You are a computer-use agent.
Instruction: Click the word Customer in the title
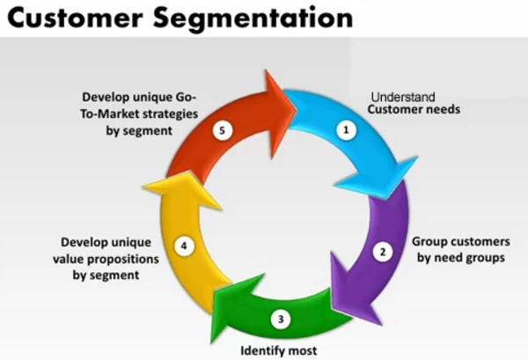75,18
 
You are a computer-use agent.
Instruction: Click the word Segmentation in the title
253,18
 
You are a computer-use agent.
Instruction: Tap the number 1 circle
346,129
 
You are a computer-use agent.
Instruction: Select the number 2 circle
383,252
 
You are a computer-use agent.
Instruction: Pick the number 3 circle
281,320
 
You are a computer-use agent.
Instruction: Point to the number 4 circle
184,246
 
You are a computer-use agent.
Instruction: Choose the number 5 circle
223,130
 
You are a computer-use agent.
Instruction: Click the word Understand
403,97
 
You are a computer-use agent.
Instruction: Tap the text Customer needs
414,109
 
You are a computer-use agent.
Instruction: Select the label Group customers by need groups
461,250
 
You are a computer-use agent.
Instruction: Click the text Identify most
279,351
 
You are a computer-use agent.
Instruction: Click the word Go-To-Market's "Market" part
120,114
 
